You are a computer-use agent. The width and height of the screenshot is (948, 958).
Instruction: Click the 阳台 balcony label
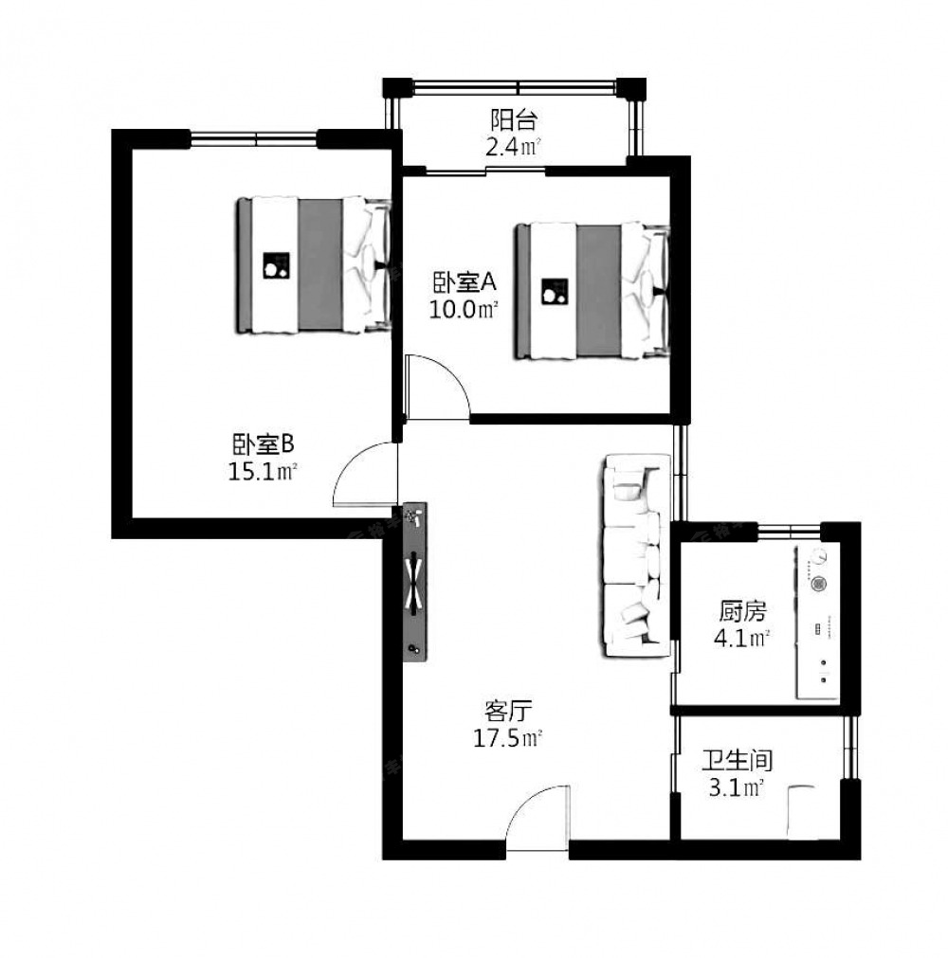514,120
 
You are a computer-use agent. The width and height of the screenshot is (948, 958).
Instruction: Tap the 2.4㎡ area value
514,147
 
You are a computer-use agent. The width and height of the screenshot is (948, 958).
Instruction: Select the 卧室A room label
465,283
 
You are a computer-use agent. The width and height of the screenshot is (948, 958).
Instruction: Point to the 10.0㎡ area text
463,309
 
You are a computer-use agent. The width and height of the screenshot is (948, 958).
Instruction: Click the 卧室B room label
263,444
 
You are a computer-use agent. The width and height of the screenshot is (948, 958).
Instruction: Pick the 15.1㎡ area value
263,471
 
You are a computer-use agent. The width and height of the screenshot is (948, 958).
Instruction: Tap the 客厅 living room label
508,712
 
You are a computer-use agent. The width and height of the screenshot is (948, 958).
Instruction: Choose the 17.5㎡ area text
508,738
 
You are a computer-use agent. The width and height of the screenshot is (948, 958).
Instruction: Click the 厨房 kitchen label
742,611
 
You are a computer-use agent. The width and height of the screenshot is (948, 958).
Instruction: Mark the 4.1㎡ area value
741,639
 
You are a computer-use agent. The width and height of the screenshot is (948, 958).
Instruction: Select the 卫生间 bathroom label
737,761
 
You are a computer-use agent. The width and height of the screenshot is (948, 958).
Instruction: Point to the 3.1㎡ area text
737,787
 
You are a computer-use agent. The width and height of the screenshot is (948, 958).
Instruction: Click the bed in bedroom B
314,265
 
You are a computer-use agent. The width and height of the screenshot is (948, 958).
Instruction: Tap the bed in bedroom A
592,292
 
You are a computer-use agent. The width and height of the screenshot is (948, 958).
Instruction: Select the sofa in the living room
636,556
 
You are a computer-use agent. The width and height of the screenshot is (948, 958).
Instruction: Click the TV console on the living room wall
415,582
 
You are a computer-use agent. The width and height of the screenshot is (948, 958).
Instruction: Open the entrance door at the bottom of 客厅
538,817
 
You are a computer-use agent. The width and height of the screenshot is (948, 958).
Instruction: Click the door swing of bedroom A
438,387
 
